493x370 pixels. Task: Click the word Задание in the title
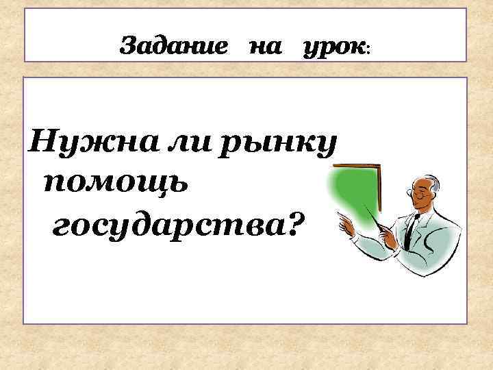tap(174, 47)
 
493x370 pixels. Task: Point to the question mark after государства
tap(290, 222)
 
